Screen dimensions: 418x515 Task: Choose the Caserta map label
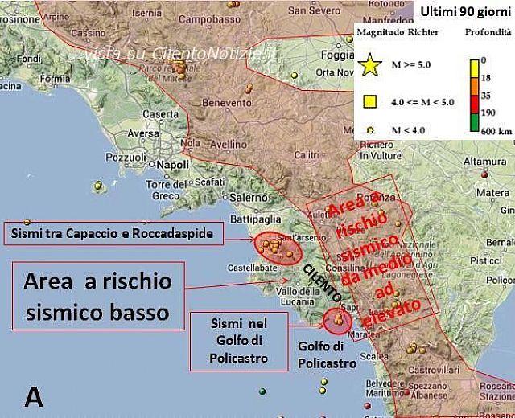tap(159, 114)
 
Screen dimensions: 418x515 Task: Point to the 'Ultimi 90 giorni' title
tap(466, 10)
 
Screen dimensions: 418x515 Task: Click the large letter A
tap(34, 396)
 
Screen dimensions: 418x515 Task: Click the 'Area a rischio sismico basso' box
tap(98, 294)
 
